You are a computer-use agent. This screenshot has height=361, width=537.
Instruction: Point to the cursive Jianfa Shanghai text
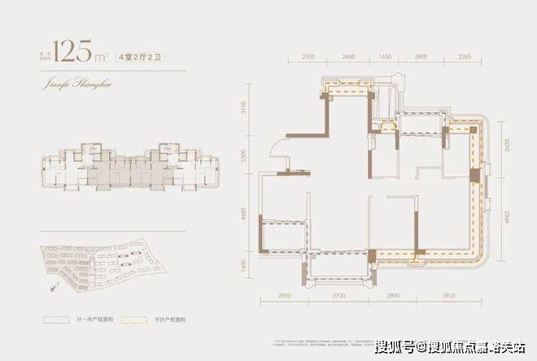(72, 83)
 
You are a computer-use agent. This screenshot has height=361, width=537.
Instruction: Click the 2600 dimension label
(349, 59)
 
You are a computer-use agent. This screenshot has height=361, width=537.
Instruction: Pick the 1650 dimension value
(386, 59)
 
